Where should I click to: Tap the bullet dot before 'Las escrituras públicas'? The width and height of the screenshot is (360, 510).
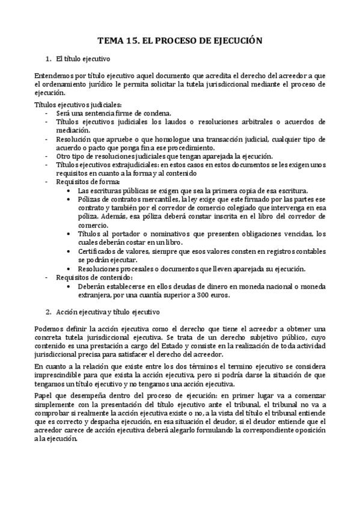point(72,190)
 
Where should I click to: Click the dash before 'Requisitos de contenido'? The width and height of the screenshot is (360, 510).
point(48,278)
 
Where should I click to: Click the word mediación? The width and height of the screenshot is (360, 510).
point(73,129)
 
